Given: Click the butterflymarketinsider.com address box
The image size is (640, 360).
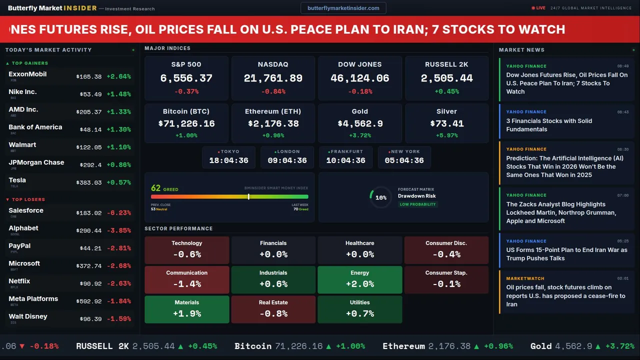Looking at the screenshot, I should (x=343, y=8).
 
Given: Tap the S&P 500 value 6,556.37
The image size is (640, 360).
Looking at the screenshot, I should (x=186, y=78).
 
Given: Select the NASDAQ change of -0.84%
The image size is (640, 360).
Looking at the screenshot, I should (x=273, y=91).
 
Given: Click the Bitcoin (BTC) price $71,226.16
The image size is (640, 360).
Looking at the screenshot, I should (x=186, y=123).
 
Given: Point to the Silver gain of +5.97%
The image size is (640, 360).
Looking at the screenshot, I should (x=446, y=135).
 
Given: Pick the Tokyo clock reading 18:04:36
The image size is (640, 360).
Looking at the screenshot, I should (x=228, y=160).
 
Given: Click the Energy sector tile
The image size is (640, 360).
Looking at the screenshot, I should (x=359, y=280).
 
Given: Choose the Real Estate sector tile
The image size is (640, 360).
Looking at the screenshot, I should (x=273, y=309).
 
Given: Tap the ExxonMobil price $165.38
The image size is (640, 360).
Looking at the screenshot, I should (x=89, y=77).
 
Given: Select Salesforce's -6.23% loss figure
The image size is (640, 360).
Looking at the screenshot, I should (x=118, y=213).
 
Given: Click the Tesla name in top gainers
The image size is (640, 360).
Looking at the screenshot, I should (x=17, y=180).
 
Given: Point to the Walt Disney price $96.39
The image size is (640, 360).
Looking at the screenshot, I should (x=90, y=319).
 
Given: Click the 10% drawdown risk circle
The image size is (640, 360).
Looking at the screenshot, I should (x=380, y=197).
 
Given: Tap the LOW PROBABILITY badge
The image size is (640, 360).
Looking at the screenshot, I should (x=417, y=204).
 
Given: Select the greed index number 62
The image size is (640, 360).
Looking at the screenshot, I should (x=156, y=188).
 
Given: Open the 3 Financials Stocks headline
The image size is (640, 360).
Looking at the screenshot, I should (x=549, y=125).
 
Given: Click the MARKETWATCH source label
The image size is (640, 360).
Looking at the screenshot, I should (x=525, y=278).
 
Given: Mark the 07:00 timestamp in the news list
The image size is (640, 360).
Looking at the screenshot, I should (x=622, y=195).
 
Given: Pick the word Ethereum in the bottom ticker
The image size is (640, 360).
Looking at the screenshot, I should (x=403, y=346).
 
